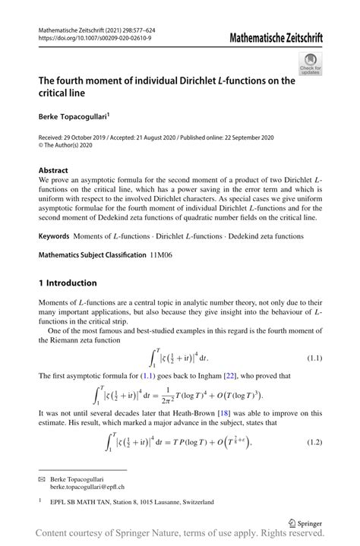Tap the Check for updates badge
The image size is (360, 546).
point(309,64)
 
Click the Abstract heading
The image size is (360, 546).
point(54,170)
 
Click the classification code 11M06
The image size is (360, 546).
point(159,255)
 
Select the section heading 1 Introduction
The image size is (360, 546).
point(68,283)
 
